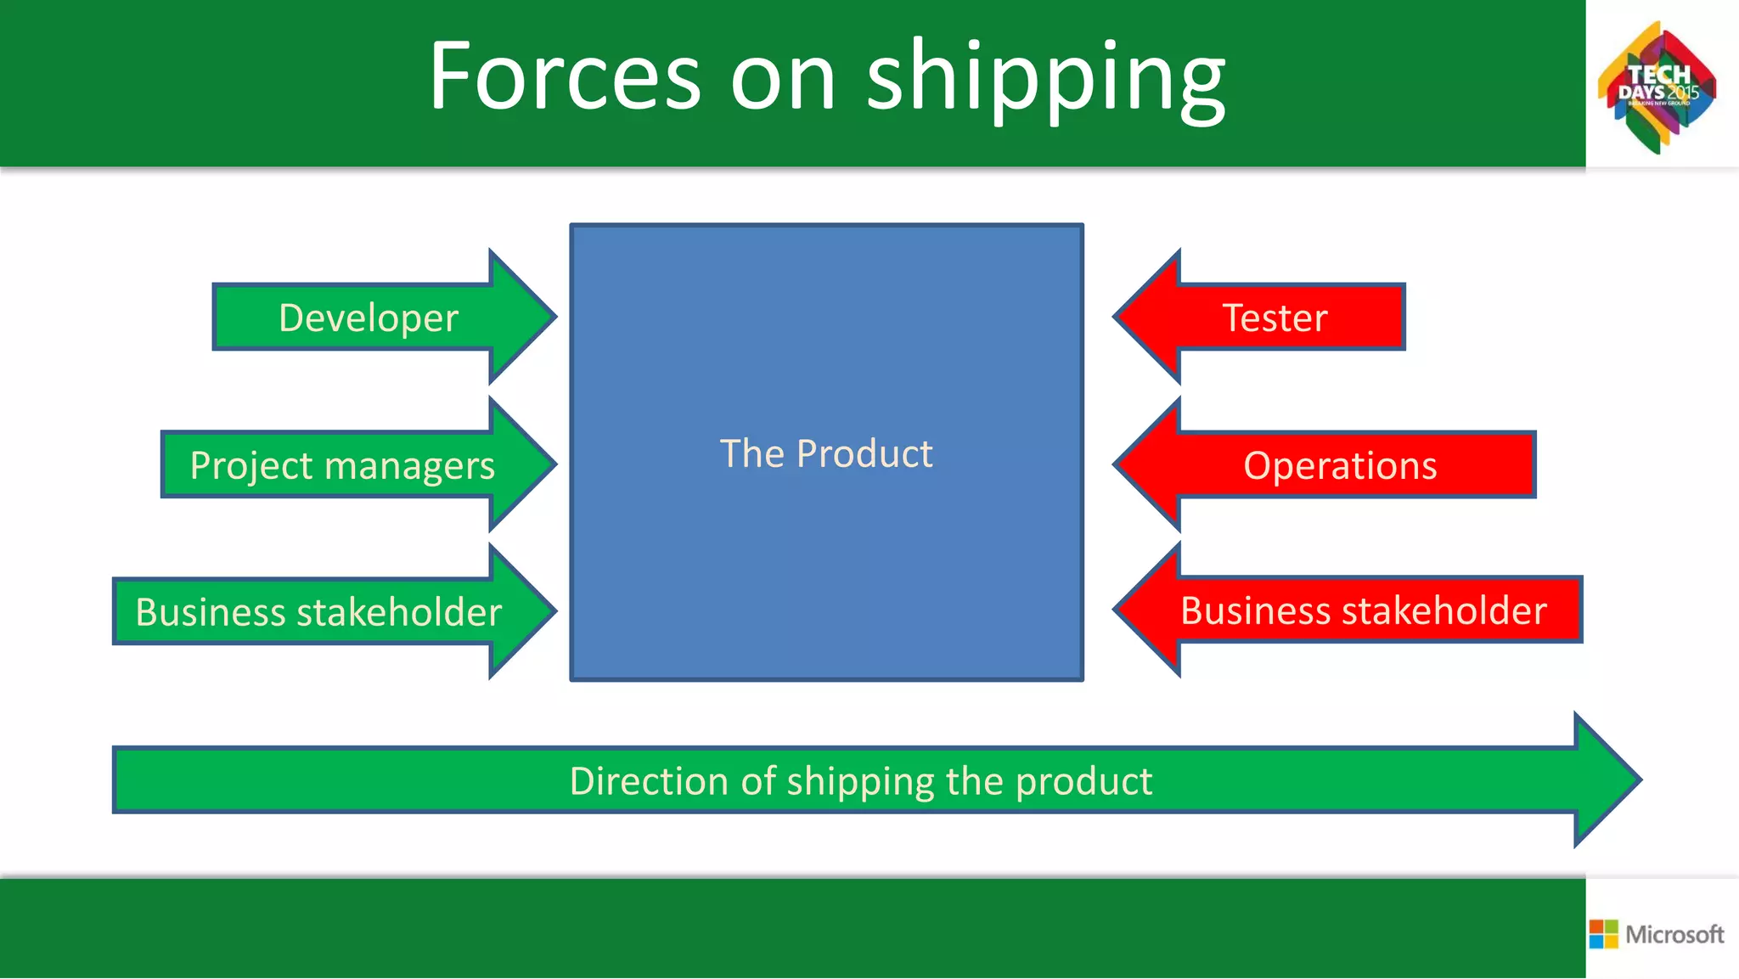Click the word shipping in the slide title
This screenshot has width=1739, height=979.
click(x=1045, y=81)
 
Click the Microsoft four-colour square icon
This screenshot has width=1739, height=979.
click(x=1603, y=934)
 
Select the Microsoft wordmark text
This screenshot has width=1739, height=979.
click(x=1674, y=934)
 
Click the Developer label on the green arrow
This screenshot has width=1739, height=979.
click(x=368, y=318)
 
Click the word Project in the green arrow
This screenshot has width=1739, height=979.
click(x=251, y=465)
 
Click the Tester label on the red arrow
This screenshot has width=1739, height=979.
click(x=1275, y=318)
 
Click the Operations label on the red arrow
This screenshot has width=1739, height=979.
click(x=1340, y=465)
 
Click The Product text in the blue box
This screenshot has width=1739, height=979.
click(x=826, y=453)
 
